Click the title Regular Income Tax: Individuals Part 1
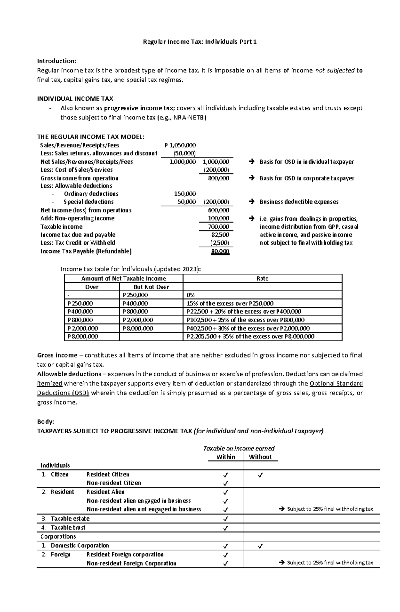tap(200, 42)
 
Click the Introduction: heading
tap(56, 61)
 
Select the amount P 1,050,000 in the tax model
tap(180, 145)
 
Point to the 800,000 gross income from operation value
tap(218, 178)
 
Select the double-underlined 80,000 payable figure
tap(220, 251)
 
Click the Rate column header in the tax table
tap(262, 278)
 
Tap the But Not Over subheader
tap(151, 287)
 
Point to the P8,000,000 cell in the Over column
tap(83, 336)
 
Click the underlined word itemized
tap(49, 384)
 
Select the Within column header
tap(226, 457)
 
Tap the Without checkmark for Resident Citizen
tap(260, 475)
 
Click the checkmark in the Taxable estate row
tap(226, 519)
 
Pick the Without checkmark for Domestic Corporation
tap(260, 546)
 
